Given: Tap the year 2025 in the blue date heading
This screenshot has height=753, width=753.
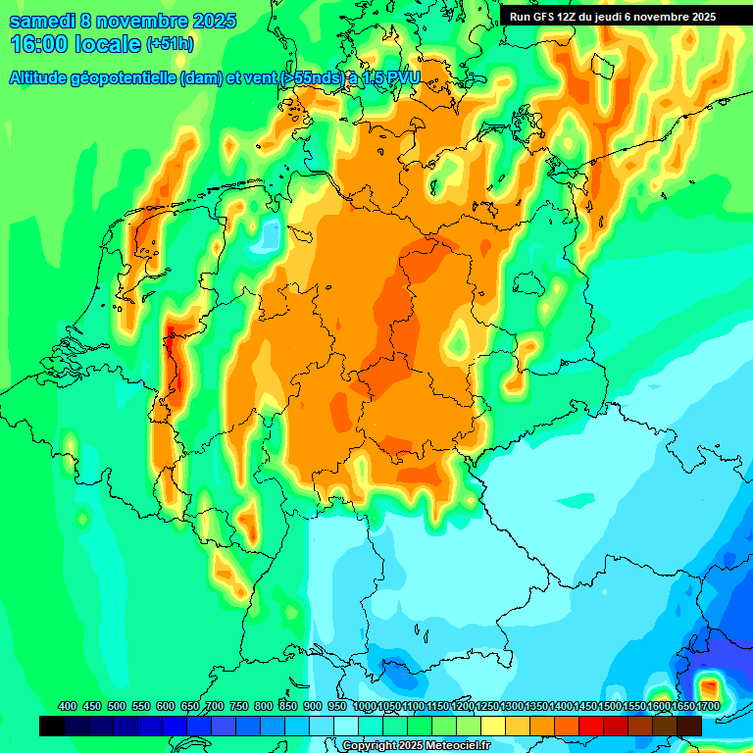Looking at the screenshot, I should click(x=208, y=21).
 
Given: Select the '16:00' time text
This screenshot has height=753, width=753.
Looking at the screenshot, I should click(x=37, y=44).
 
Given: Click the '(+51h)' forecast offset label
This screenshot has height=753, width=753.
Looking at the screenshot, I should click(x=170, y=44).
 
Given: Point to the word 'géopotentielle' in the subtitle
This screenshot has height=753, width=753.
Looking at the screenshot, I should click(x=124, y=78).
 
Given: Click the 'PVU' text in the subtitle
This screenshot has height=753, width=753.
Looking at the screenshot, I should click(x=403, y=78).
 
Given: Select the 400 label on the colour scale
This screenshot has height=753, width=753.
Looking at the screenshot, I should click(x=68, y=706).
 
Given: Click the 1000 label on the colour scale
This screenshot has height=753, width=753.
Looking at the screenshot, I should click(x=365, y=706).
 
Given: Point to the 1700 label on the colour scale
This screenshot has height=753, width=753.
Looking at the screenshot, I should click(x=708, y=706).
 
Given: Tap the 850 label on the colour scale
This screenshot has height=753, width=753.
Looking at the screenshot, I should click(x=288, y=706).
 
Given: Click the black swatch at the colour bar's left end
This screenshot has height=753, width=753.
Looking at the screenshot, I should click(x=52, y=726).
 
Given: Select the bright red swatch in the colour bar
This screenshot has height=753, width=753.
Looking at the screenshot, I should click(x=591, y=726).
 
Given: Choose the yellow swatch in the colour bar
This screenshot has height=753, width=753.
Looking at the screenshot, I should click(x=493, y=726).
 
